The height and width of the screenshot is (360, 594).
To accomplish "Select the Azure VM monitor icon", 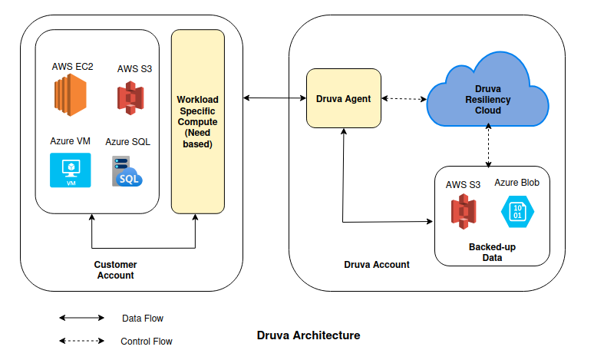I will pos(70,170).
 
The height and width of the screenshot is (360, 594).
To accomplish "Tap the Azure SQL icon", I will pos(127,171).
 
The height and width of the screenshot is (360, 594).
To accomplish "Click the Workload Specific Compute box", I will pos(198,121).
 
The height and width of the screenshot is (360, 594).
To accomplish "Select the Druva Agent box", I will pos(343,98).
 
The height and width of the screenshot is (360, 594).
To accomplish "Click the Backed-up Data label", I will pos(492,253).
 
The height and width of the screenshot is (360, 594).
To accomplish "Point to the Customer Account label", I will pos(115,270).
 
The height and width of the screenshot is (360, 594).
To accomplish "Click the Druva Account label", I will pos(377,265).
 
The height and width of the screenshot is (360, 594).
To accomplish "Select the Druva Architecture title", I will pos(308,335).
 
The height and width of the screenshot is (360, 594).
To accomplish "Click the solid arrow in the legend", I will pos(81,318).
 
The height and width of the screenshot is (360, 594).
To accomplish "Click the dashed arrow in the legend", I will pos(81,341).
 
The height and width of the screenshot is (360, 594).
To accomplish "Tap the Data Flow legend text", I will pos(142,318).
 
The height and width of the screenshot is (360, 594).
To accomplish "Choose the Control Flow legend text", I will pos(147,342).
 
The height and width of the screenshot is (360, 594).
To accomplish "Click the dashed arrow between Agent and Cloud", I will pos(404,98).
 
